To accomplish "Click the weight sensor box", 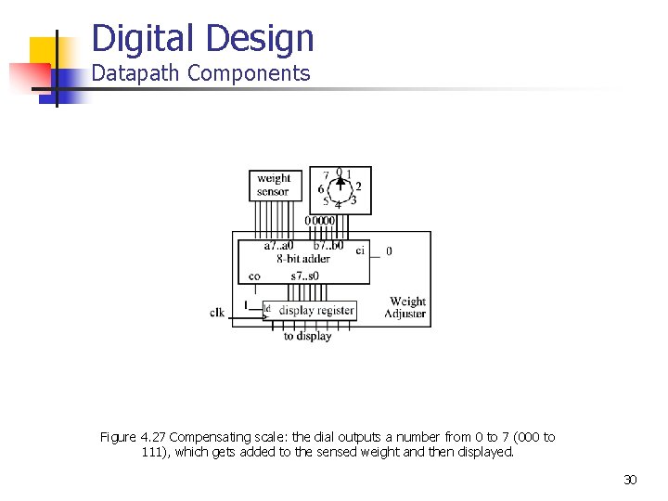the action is [x=273, y=185].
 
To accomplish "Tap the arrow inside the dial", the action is [x=340, y=186].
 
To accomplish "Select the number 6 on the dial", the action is [x=321, y=189].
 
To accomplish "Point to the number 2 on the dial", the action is [x=358, y=186].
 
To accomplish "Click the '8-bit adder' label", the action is [x=303, y=259].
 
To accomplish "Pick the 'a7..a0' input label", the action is [x=278, y=246].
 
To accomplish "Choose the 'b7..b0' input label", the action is [x=328, y=246].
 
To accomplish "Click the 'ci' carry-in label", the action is [x=360, y=250].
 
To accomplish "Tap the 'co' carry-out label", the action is [x=254, y=276].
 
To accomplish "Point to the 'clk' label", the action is [x=217, y=313].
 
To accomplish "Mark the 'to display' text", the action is [x=307, y=336].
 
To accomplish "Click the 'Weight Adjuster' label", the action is [x=406, y=307].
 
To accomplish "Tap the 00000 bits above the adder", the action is [x=320, y=221].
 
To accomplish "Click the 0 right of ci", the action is [x=389, y=250].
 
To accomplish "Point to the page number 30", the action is [x=630, y=480].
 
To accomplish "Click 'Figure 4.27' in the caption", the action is [x=134, y=437].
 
